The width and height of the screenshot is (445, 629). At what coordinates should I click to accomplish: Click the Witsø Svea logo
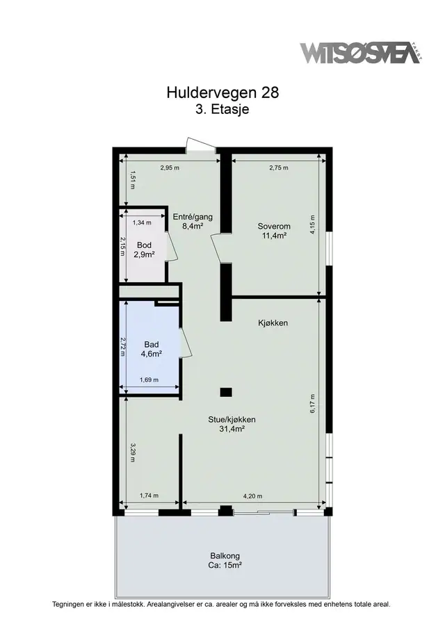pos(361,52)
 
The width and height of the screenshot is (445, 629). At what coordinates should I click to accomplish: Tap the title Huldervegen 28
pos(222,92)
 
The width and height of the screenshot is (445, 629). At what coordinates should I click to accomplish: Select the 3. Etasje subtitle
pos(222,109)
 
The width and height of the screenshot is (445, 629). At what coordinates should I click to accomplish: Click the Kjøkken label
pos(273,323)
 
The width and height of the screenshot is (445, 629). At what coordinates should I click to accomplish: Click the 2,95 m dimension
pos(170,168)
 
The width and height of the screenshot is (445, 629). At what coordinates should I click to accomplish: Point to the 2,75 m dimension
pos(279,168)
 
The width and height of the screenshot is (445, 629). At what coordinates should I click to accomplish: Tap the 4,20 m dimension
pos(253,496)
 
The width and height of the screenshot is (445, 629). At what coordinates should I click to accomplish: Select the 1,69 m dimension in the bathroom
pos(149,379)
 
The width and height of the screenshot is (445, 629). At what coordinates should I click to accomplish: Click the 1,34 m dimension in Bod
pos(142,222)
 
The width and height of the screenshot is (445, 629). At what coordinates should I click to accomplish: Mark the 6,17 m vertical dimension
pos(313,403)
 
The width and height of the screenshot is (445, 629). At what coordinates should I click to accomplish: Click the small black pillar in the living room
pos(226,392)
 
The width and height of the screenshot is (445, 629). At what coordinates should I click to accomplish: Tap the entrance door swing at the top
pos(200,145)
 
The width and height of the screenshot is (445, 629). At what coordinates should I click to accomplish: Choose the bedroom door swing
pos(217,247)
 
